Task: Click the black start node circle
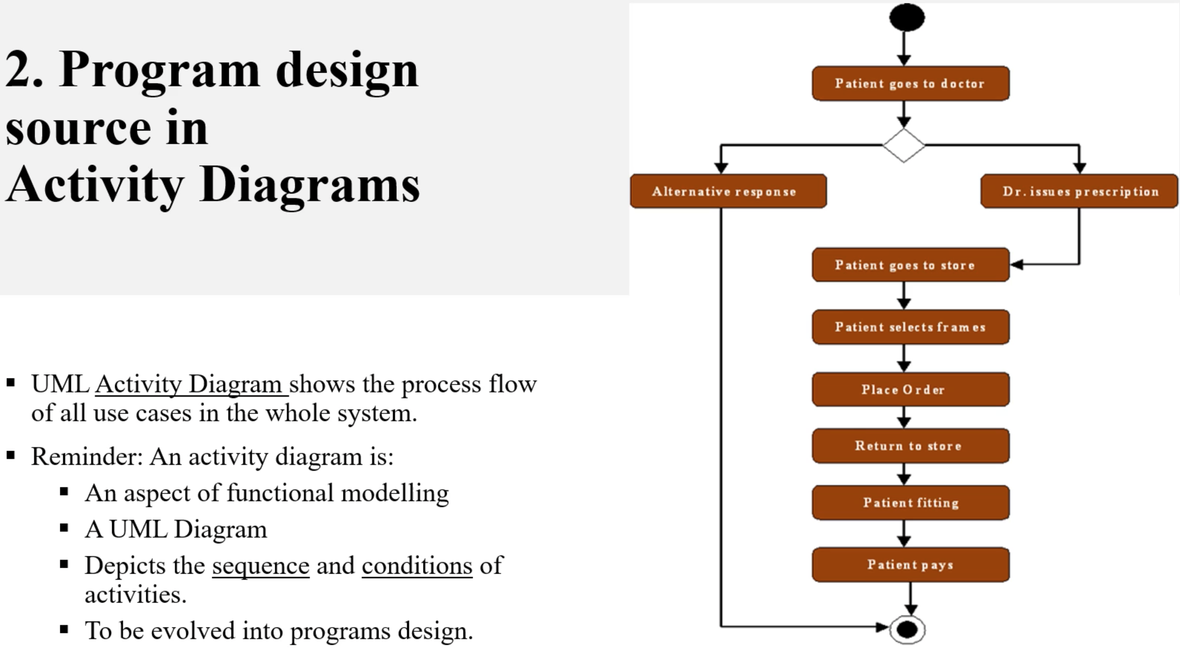point(907,18)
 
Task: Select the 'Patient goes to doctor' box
point(911,83)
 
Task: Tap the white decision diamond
point(904,145)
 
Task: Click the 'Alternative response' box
point(728,191)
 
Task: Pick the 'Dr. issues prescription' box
point(1079,191)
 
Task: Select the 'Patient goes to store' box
point(911,265)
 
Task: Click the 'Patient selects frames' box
point(911,327)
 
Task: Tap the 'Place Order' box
point(911,389)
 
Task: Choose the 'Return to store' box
point(911,446)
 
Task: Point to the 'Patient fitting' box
point(911,502)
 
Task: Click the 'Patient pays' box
point(911,565)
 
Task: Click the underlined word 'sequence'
point(261,566)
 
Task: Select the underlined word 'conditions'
point(417,565)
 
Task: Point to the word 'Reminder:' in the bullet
point(87,456)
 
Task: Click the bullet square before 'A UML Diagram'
point(64,528)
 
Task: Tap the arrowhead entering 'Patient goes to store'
point(1016,265)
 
